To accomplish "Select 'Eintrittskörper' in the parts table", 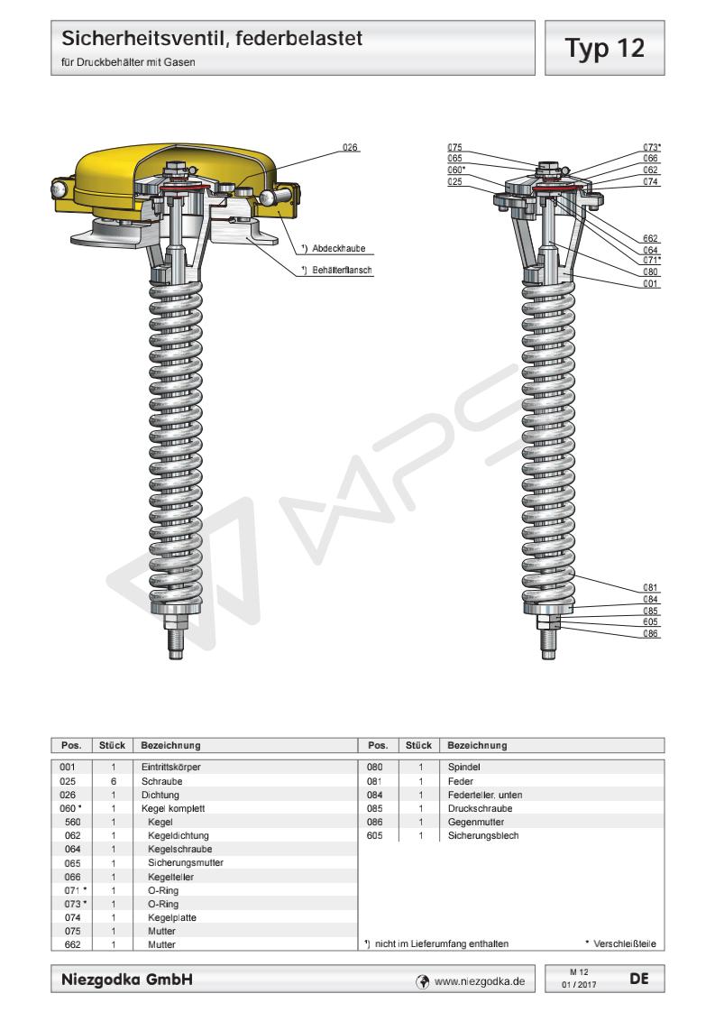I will pyautogui.click(x=170, y=767).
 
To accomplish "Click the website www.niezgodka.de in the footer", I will pyautogui.click(x=479, y=977).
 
